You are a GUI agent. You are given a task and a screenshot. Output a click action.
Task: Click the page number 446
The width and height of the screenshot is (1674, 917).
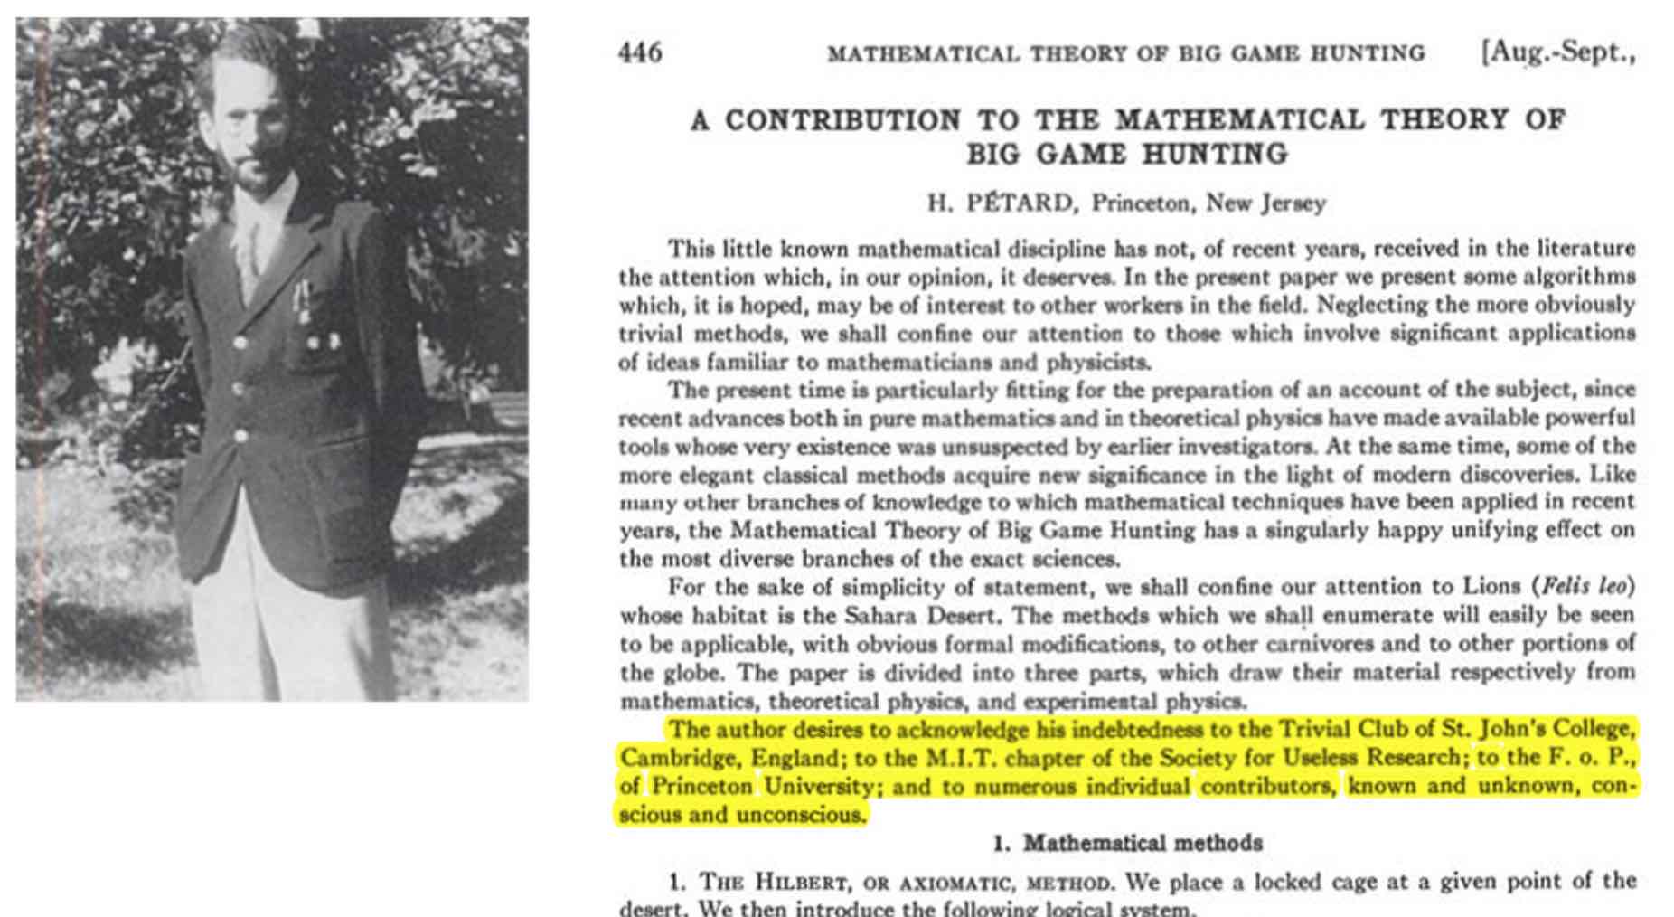[x=640, y=52]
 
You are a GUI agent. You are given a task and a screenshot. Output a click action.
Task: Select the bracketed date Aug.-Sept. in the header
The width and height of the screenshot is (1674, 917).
[x=1557, y=52]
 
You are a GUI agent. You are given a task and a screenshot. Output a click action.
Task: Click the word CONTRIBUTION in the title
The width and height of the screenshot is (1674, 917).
[x=843, y=120]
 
